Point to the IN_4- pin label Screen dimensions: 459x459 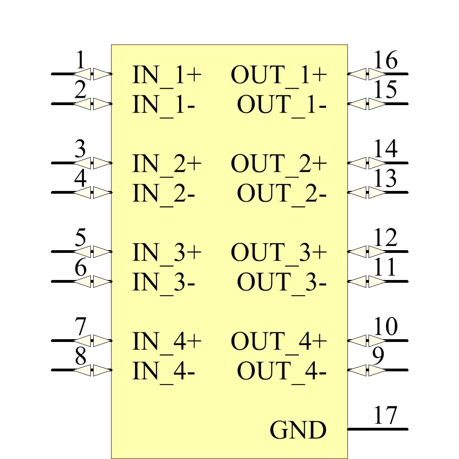click(164, 371)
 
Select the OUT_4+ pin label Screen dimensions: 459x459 click(279, 341)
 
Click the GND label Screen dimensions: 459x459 click(298, 431)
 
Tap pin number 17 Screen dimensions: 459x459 click(385, 416)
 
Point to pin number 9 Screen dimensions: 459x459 click(378, 357)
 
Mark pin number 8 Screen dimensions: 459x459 click(80, 357)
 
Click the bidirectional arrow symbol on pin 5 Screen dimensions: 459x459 click(93, 252)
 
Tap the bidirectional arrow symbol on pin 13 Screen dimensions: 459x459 click(367, 192)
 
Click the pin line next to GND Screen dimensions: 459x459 click(377, 429)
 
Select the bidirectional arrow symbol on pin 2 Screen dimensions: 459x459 click(93, 104)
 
